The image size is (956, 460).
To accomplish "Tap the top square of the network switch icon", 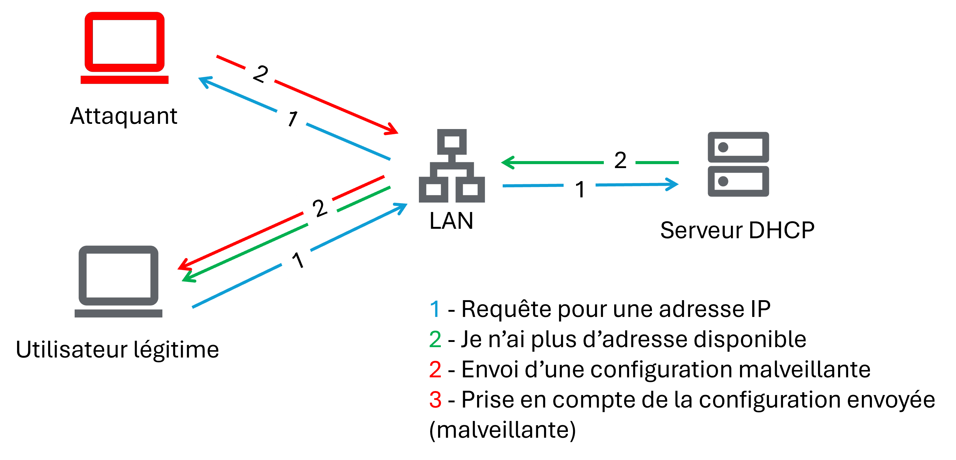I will coord(452,142).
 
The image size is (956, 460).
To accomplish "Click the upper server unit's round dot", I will coord(723,147).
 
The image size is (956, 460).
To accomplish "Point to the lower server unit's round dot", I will coord(723,181).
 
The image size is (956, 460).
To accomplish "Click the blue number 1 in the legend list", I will coord(435,309).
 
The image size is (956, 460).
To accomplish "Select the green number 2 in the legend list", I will coord(435,339).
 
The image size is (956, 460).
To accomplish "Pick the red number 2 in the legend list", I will coord(435,369).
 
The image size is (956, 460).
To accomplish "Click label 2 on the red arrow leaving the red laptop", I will coord(260,73).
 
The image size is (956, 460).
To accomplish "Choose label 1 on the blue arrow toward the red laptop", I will coord(292,118).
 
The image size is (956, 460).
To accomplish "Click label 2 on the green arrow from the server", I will coord(619,160).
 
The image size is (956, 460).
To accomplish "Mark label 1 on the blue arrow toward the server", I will coord(579,189).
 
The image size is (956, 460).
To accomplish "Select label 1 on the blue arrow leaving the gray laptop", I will coord(298,261).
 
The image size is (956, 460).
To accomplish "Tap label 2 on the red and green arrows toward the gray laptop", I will coord(319,208).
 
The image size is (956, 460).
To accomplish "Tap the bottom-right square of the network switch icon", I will coord(470,189).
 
